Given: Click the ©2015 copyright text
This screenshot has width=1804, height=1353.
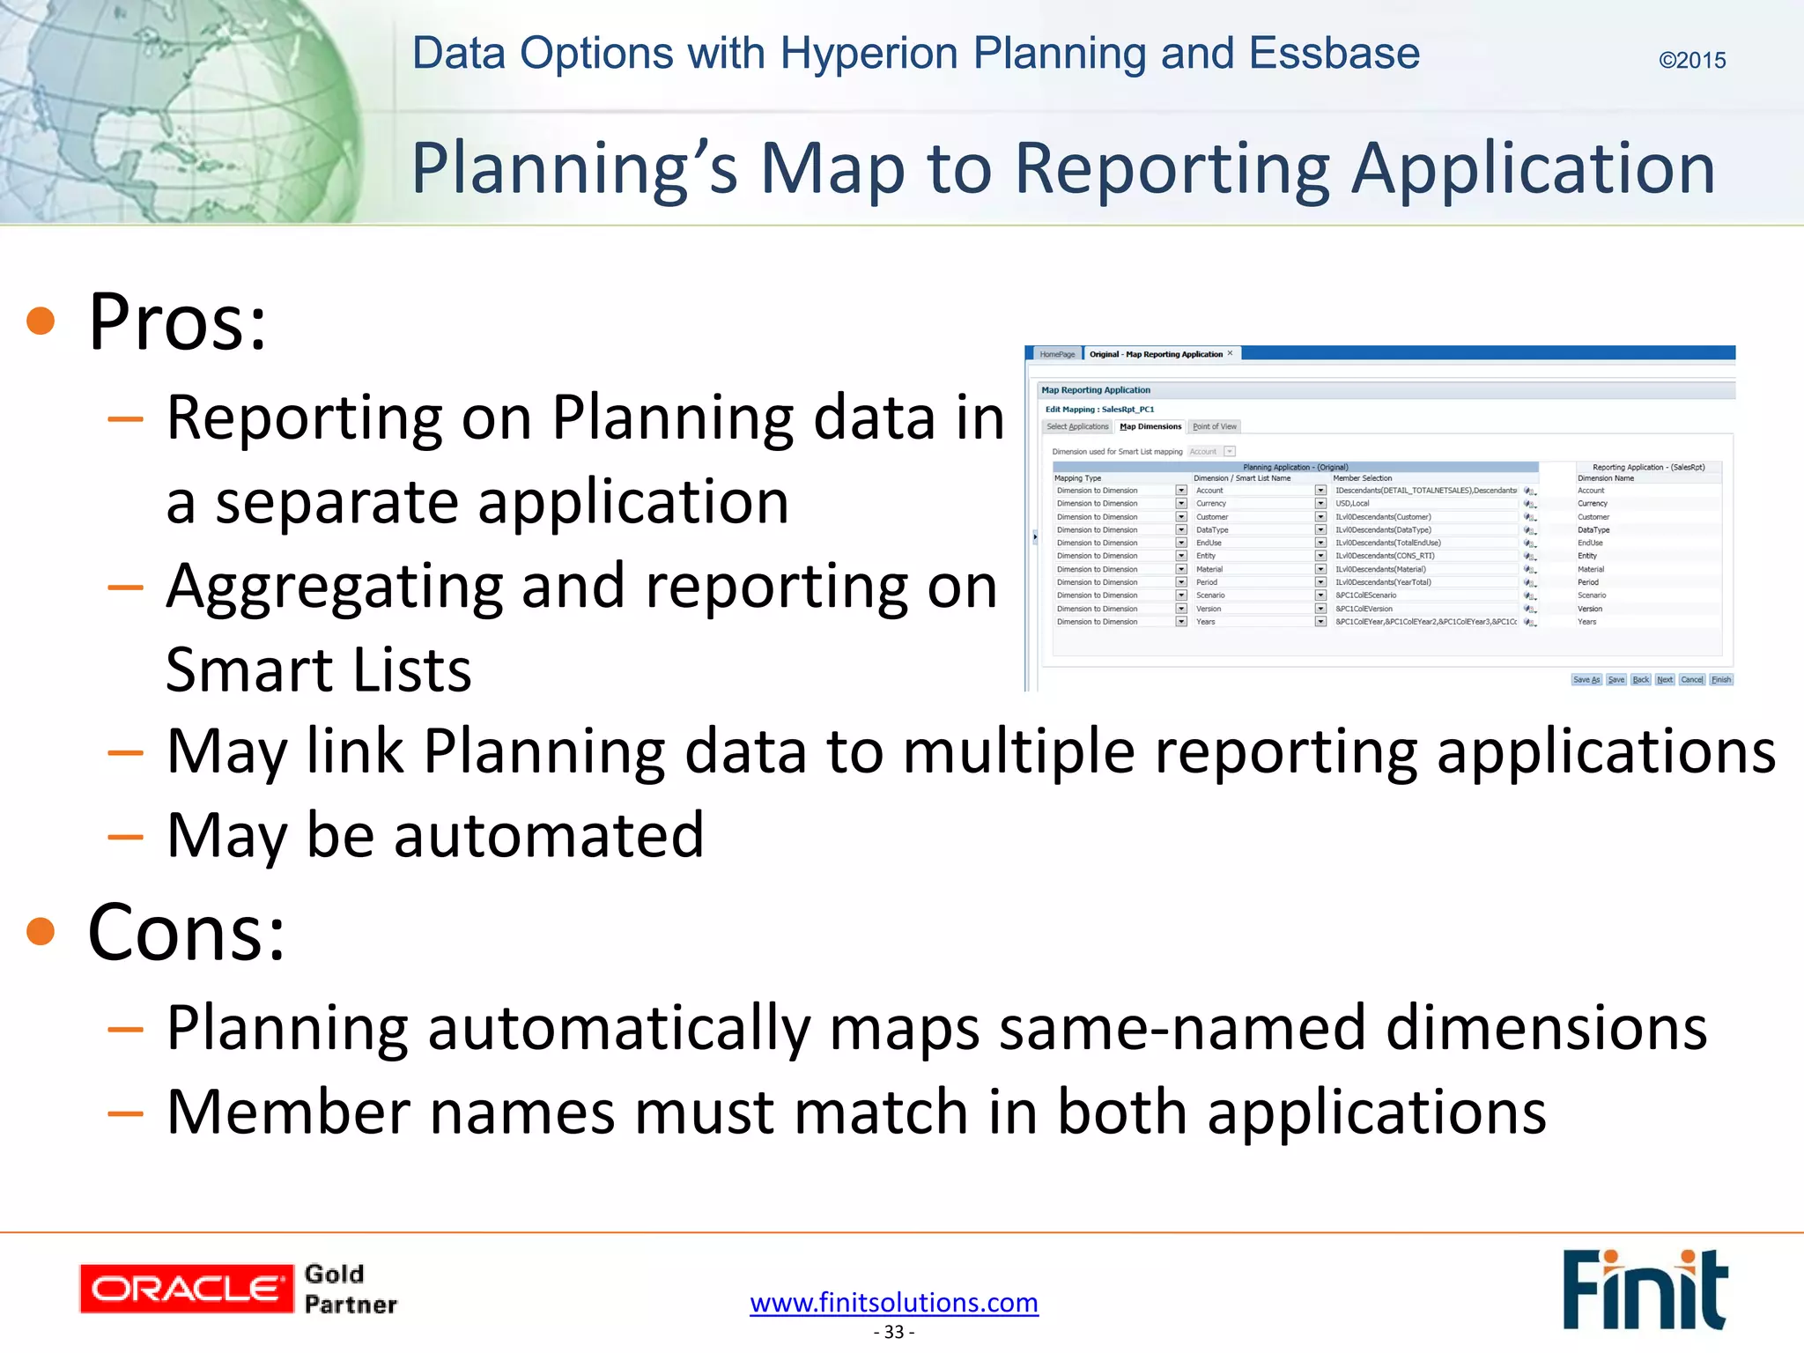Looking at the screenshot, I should click(x=1691, y=61).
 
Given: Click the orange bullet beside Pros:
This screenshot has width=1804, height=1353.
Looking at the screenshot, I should click(x=41, y=321).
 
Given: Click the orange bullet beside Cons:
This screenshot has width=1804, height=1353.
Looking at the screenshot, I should click(x=41, y=931).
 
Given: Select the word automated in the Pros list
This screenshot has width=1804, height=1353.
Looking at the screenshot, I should click(x=548, y=834).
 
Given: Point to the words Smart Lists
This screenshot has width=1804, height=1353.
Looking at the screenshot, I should click(x=318, y=669).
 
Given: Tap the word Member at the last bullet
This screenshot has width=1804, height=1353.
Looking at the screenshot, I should click(x=288, y=1112).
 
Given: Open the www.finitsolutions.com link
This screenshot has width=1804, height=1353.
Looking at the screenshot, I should click(x=894, y=1302).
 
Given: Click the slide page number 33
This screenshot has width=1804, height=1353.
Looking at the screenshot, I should click(x=894, y=1332).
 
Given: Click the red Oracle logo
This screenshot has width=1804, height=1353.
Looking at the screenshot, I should click(x=186, y=1289).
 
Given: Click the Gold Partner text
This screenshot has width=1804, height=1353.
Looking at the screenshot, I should click(x=350, y=1290).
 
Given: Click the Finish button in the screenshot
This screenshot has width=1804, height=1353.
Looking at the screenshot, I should click(x=1721, y=679).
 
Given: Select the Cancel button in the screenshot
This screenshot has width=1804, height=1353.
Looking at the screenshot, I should click(x=1691, y=679).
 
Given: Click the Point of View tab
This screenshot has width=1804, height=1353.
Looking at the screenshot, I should click(x=1214, y=426).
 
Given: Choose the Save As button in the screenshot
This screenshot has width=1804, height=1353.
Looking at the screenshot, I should click(x=1586, y=679).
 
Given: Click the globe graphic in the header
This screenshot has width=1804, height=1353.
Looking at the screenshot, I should click(x=176, y=110).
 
